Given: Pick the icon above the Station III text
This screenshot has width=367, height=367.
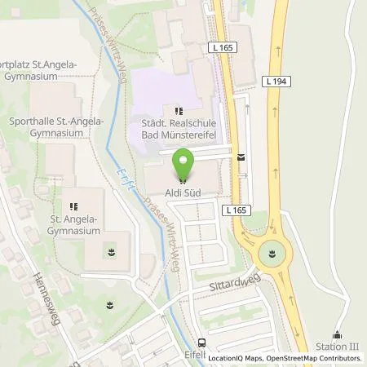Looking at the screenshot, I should click(x=338, y=334).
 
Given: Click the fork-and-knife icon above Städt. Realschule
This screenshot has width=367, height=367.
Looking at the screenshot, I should click(x=179, y=110).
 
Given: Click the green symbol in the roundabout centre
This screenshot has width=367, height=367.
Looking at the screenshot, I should click(x=273, y=254).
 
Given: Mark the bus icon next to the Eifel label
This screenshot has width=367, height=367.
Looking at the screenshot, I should click(x=201, y=343).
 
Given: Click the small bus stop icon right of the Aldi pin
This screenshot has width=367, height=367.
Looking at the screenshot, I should click(x=241, y=157).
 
